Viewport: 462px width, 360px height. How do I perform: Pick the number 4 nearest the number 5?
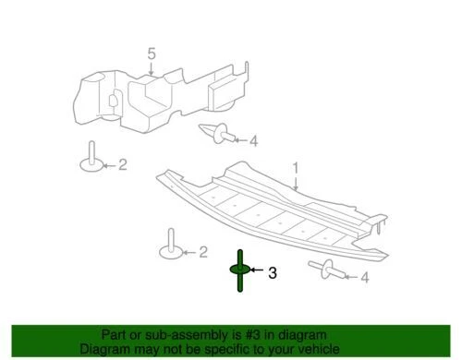[x=254, y=140]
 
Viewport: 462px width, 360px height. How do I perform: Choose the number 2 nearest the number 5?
[x=121, y=165]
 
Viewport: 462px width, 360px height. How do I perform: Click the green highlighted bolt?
[x=238, y=270]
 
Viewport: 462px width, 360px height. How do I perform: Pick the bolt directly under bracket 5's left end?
[x=91, y=158]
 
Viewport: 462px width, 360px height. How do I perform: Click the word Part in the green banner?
[x=117, y=336]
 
